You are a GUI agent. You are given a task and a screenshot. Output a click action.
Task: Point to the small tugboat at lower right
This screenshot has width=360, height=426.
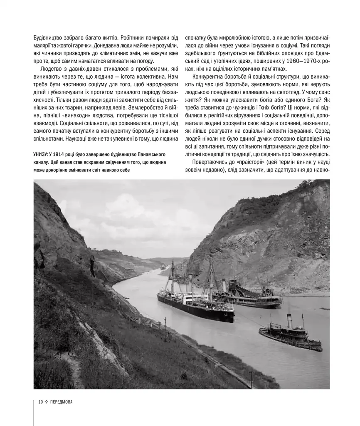[290, 335]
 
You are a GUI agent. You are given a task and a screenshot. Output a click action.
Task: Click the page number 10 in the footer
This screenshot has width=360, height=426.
[40, 402]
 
